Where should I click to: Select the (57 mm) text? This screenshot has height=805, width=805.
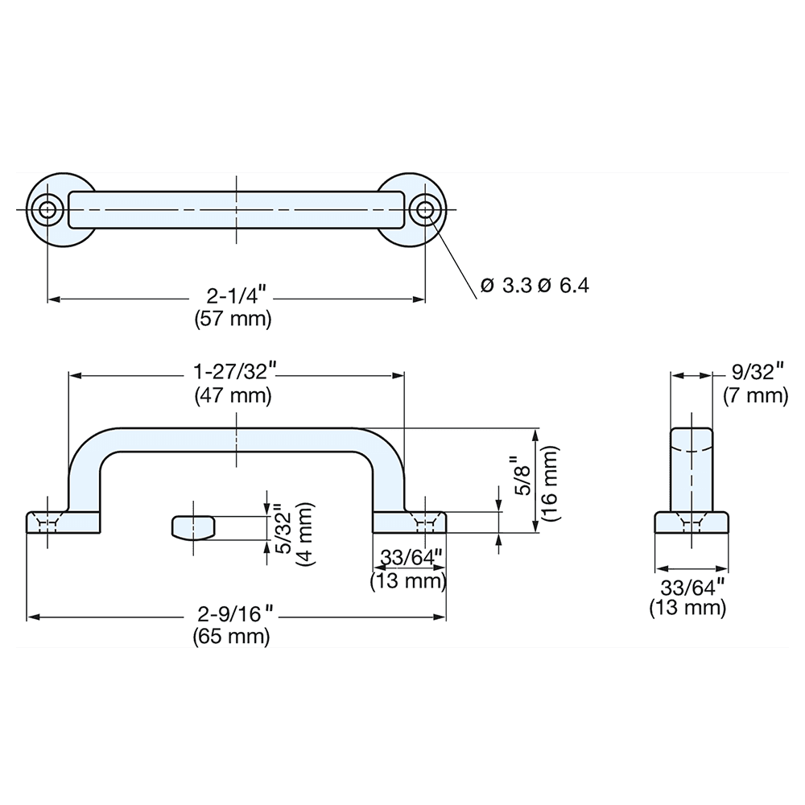[233, 319]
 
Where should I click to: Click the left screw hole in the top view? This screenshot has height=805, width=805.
[47, 209]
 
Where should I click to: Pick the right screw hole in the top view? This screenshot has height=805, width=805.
[424, 209]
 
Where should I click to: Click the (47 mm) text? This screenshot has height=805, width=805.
[233, 395]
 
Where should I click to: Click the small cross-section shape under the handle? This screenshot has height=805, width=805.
[191, 528]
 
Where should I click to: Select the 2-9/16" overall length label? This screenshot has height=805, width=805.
[233, 616]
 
